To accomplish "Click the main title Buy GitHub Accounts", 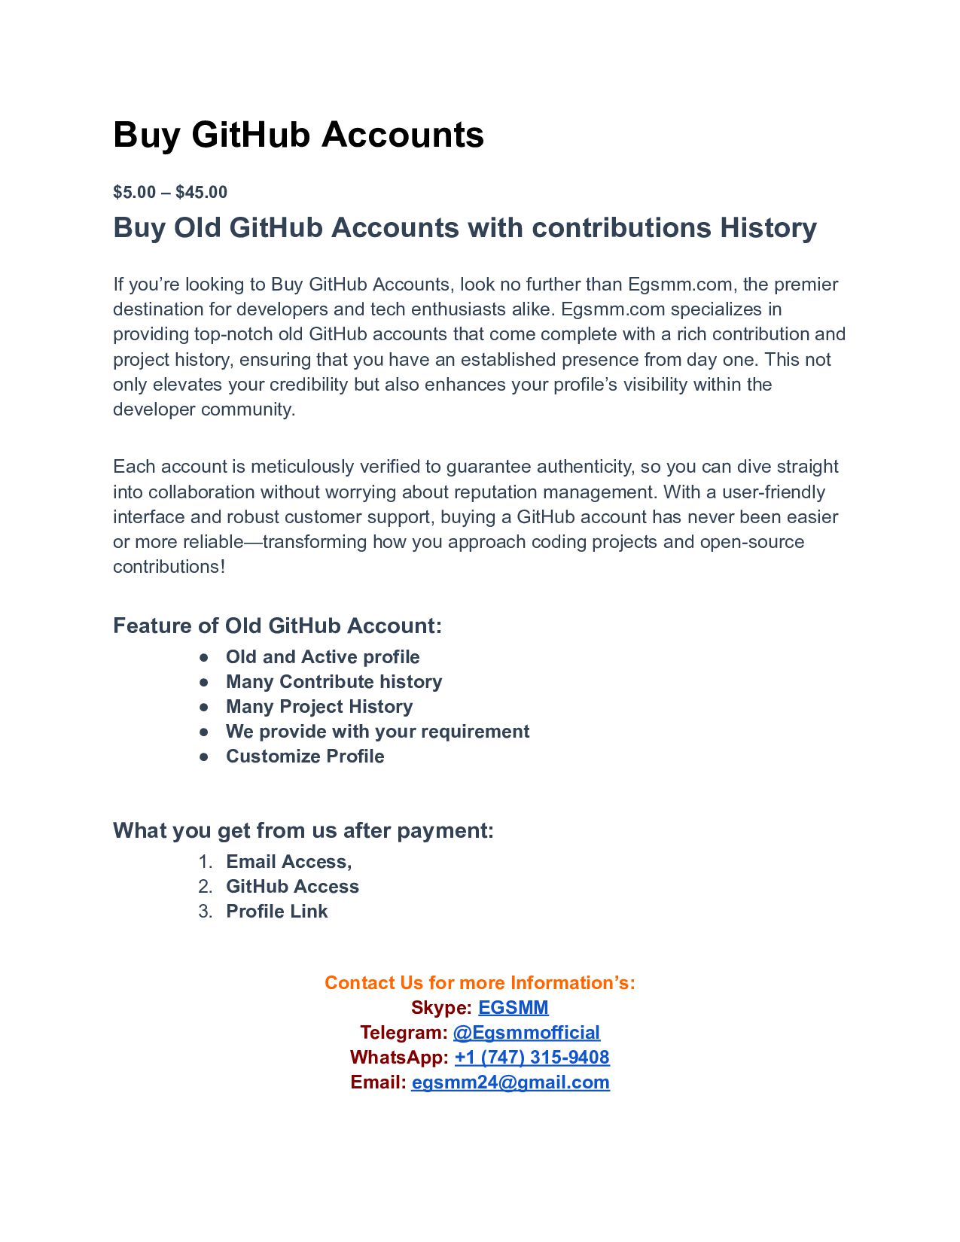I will coord(298,135).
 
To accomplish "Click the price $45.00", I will coord(201,192).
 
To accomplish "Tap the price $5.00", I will coord(134,192).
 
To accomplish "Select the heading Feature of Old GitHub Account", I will coord(277,626).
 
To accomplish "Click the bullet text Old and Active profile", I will coord(322,656).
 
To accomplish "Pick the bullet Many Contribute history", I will coord(334,681).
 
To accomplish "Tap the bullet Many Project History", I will coord(319,706).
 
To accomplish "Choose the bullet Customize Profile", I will coord(305,756).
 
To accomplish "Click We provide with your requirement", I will coord(377,731).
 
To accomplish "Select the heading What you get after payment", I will coord(303,830).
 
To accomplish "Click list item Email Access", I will coord(288,861).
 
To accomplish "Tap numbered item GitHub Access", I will coord(292,886).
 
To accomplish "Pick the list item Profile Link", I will coord(276,911).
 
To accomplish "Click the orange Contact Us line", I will coord(480,982).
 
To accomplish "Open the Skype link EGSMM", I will coord(513,1007).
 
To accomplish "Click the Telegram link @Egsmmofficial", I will coord(526,1032).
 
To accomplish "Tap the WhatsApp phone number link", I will coord(532,1057).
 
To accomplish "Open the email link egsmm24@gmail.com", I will coord(510,1082).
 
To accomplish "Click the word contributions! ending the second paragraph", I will coord(169,567).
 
